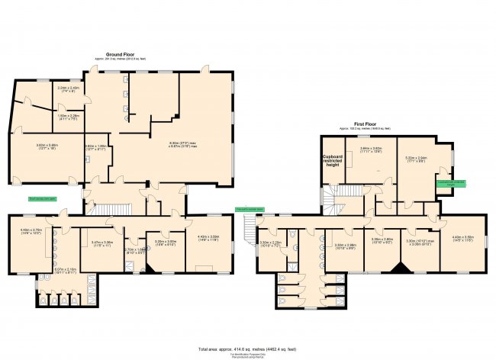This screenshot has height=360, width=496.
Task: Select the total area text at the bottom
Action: point(248,349)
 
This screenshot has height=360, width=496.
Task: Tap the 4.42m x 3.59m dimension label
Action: point(208,237)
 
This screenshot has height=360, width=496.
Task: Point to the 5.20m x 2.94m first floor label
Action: point(416,159)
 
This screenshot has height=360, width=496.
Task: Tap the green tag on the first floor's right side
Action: point(451,183)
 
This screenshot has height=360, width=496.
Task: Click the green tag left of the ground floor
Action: point(43,198)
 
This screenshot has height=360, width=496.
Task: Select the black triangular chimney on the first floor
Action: point(397,268)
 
